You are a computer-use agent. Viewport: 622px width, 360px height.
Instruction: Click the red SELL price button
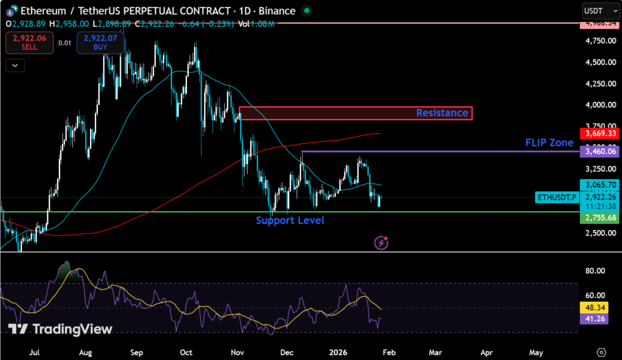pyautogui.click(x=25, y=42)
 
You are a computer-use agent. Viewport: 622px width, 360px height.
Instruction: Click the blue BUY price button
pyautogui.click(x=101, y=42)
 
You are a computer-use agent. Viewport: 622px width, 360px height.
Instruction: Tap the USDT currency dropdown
pyautogui.click(x=596, y=10)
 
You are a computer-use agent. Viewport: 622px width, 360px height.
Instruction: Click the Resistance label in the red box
pyautogui.click(x=442, y=113)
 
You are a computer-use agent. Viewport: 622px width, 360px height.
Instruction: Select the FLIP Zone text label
pyautogui.click(x=549, y=143)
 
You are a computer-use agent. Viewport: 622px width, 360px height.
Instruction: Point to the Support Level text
pyautogui.click(x=290, y=220)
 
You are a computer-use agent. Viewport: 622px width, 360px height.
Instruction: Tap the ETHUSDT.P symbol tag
pyautogui.click(x=555, y=197)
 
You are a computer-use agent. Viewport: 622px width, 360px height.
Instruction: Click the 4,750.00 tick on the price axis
pyautogui.click(x=598, y=41)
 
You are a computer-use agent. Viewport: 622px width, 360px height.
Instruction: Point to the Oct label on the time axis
pyautogui.click(x=186, y=352)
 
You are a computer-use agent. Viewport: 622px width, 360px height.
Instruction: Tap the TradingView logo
pyautogui.click(x=61, y=329)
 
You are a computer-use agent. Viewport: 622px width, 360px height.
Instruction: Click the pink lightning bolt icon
pyautogui.click(x=382, y=243)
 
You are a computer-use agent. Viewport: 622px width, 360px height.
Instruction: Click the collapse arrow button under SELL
pyautogui.click(x=15, y=65)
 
